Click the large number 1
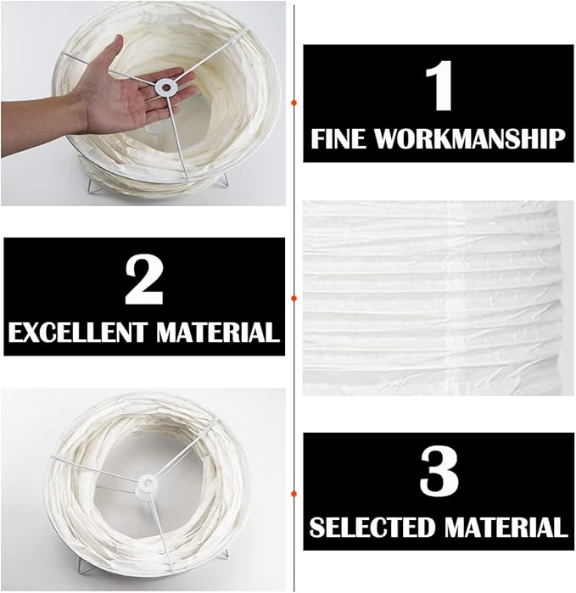click(439, 86)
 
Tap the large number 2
click(144, 279)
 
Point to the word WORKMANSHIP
click(469, 139)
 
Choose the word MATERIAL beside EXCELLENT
click(218, 333)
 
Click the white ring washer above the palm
click(165, 87)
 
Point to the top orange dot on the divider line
click(294, 103)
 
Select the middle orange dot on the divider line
click(294, 299)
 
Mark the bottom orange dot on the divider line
click(294, 494)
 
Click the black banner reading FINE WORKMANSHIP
click(439, 103)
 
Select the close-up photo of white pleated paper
click(439, 299)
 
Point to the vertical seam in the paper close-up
click(454, 299)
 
